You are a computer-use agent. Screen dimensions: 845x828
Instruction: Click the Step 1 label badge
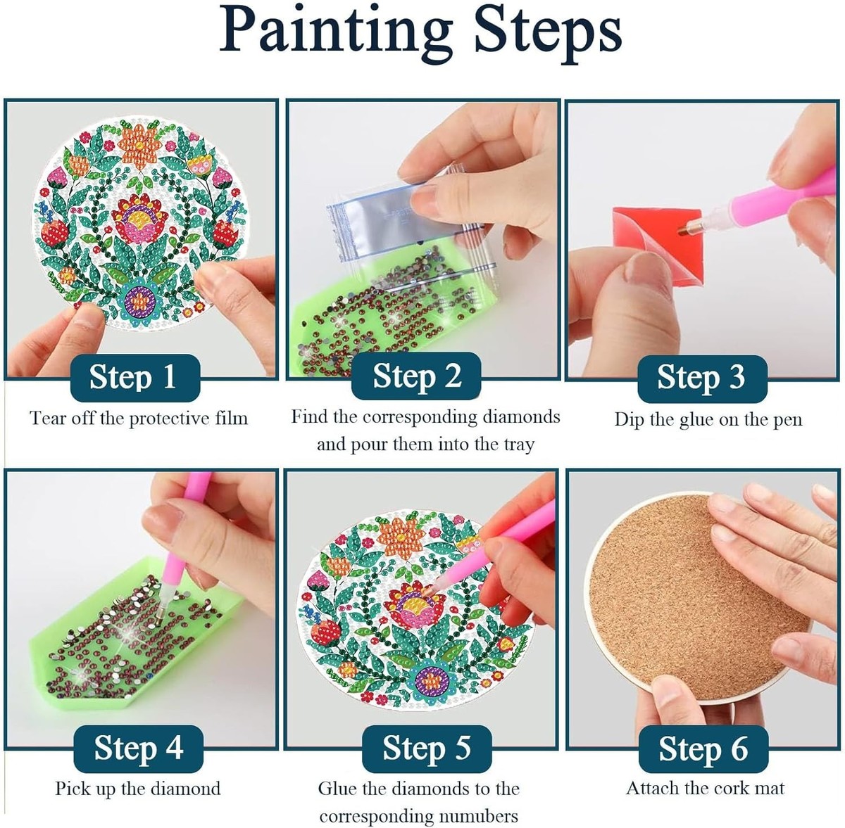(135, 378)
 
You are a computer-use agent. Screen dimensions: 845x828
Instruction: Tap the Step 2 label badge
(416, 376)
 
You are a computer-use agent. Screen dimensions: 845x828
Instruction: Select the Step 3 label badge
(703, 378)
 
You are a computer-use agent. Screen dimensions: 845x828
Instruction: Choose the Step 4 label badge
(139, 749)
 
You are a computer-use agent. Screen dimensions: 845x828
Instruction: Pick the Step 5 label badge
(427, 749)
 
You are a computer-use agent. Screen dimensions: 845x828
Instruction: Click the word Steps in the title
(548, 33)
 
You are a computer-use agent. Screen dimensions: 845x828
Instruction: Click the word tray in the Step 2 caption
(519, 445)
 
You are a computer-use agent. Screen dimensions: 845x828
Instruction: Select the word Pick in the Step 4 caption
(70, 789)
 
